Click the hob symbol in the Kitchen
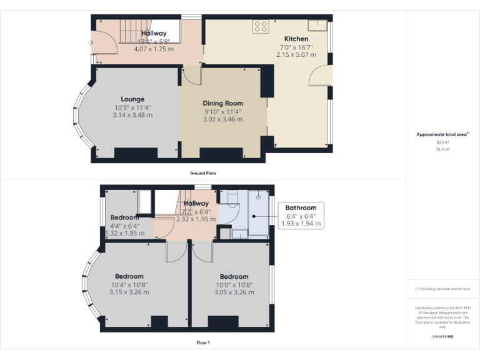coord(260,27)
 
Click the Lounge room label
coord(132,99)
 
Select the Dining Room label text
coord(222,103)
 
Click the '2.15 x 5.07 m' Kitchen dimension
coord(296,55)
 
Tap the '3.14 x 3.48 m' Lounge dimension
coord(132,115)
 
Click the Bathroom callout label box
coord(301,216)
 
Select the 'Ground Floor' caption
coord(203,173)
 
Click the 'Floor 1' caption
coord(203,342)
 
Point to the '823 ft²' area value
coord(442,142)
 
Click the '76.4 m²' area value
coord(442,149)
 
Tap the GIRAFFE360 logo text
coord(442,337)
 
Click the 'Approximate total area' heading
coord(442,134)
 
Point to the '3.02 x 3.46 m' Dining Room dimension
coord(222,119)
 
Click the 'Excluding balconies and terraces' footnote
coord(442,289)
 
